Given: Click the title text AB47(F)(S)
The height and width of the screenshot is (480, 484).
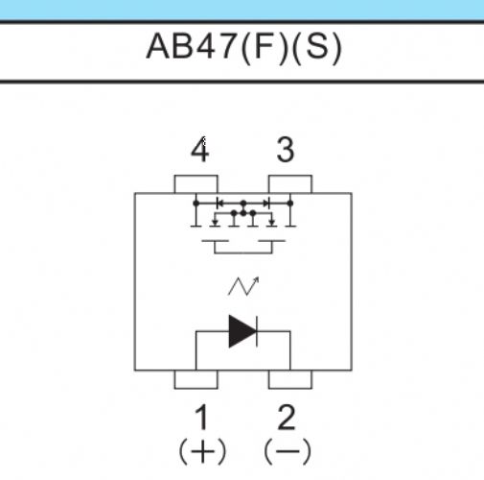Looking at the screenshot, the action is [x=243, y=47].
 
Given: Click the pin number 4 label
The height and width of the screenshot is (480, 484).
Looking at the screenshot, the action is [x=200, y=149].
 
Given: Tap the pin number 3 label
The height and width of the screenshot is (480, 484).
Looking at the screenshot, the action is [x=286, y=150].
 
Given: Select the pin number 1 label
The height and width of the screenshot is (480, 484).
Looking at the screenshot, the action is [x=202, y=418].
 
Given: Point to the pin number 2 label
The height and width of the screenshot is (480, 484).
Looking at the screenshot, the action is [x=287, y=418].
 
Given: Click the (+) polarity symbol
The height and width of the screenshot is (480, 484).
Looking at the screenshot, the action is [x=202, y=451].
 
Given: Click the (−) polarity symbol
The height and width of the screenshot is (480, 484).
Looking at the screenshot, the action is [x=288, y=451].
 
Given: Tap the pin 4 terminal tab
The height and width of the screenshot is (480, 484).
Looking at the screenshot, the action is [x=196, y=184].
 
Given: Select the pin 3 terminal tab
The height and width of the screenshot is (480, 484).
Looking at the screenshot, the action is [x=290, y=184].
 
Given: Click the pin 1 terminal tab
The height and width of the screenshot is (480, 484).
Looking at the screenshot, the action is [x=196, y=379].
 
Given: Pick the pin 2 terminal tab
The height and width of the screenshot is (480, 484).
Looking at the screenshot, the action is [x=290, y=379].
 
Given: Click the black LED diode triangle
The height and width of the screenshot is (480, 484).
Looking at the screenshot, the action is [x=242, y=331].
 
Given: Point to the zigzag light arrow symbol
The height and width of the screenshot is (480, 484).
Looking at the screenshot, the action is [x=243, y=286].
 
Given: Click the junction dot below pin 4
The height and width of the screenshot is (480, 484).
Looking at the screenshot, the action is [x=196, y=204].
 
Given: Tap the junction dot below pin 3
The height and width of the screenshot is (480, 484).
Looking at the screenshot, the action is [x=290, y=204].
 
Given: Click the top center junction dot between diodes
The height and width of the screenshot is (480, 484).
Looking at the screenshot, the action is [x=243, y=204].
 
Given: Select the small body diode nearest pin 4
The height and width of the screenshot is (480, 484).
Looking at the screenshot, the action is [x=219, y=204].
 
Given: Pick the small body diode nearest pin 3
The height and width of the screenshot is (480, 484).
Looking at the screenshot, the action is [x=266, y=204].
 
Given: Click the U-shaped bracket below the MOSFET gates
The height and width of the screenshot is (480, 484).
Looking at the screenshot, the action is [x=243, y=252].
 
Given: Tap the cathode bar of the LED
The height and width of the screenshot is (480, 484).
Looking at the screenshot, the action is [x=257, y=331].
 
